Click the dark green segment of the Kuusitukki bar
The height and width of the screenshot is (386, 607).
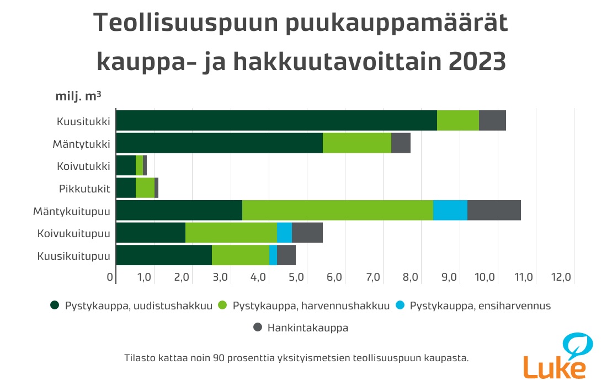(x=276, y=120)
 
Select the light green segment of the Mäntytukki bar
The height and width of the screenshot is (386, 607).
(x=356, y=143)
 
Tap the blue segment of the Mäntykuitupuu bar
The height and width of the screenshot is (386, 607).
(x=450, y=211)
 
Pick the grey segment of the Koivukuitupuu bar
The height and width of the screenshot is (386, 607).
(x=307, y=233)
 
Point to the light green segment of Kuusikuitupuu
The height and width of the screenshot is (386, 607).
(x=240, y=256)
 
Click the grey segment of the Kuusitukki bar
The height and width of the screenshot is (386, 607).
(x=492, y=120)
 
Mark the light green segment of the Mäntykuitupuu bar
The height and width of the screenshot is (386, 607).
(x=337, y=211)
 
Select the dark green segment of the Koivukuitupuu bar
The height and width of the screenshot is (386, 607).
(x=151, y=233)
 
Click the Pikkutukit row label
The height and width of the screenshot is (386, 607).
(x=84, y=189)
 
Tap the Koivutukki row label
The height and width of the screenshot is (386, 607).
(x=83, y=166)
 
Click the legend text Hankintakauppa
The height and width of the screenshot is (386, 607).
(x=308, y=328)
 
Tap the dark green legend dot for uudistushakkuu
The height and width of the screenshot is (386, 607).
(x=55, y=305)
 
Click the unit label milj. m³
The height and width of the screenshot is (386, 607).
(x=78, y=95)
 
